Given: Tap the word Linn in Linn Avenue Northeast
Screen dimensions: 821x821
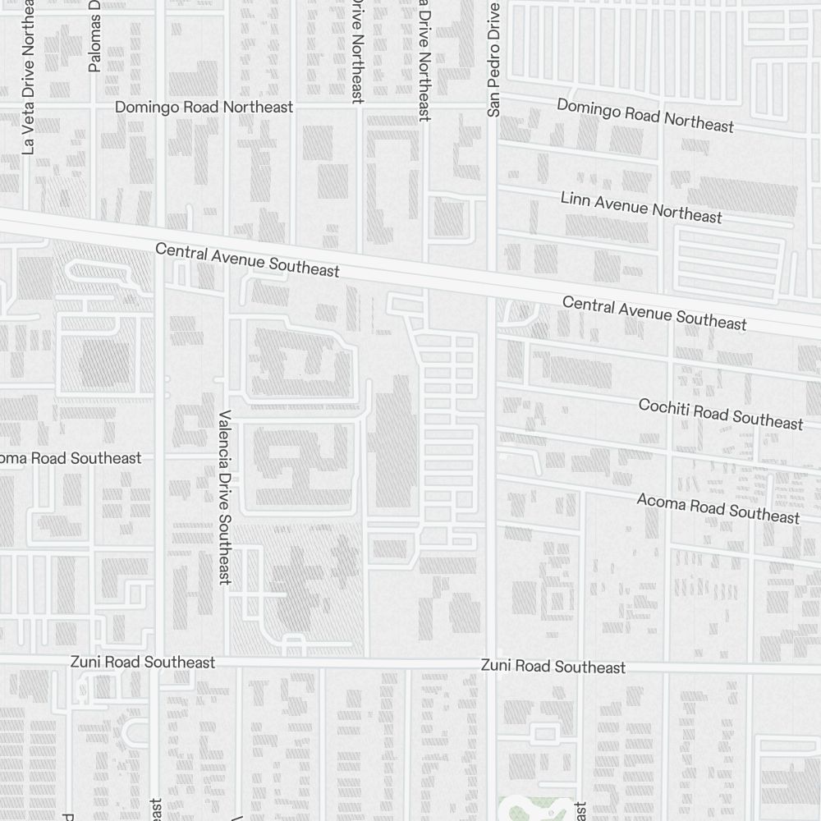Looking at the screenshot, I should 575,200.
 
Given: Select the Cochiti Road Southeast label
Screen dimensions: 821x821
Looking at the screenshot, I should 720,414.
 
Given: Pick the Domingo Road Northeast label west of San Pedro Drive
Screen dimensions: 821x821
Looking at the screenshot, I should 204,107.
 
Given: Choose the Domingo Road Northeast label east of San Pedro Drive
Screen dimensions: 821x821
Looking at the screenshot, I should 644,115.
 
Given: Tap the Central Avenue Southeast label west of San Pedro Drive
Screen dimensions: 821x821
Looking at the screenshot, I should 247,259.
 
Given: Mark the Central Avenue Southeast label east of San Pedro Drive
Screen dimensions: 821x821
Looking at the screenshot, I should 654,314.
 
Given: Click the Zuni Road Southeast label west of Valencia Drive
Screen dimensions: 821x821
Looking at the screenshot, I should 143,662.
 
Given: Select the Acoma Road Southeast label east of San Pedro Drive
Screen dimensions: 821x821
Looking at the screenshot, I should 718,508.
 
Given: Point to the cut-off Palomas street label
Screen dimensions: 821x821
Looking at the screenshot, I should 94,37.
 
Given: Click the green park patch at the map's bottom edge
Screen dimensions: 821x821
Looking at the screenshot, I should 534,809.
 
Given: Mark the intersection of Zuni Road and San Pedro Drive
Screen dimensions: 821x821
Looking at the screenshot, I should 493,664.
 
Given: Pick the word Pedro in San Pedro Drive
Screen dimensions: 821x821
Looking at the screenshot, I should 493,67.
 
